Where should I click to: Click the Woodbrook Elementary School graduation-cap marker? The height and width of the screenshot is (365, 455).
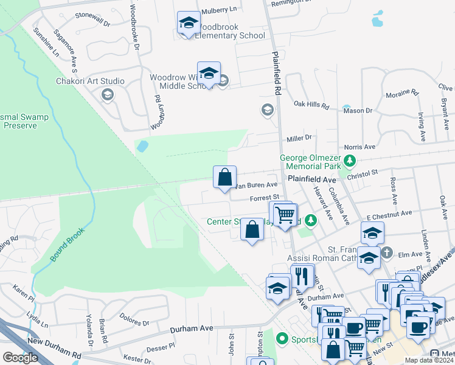(x=189, y=24)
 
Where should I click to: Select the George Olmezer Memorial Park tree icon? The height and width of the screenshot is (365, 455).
(x=350, y=161)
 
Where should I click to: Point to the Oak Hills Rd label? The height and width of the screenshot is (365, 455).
(x=311, y=105)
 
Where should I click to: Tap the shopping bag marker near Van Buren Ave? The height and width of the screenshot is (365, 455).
(x=224, y=178)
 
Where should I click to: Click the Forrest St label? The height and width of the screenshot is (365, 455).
(x=263, y=197)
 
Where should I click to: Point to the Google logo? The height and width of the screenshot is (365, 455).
(x=20, y=358)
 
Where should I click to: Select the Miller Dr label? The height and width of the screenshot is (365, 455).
(x=299, y=138)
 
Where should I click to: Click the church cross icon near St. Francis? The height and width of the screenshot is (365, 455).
(x=387, y=251)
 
